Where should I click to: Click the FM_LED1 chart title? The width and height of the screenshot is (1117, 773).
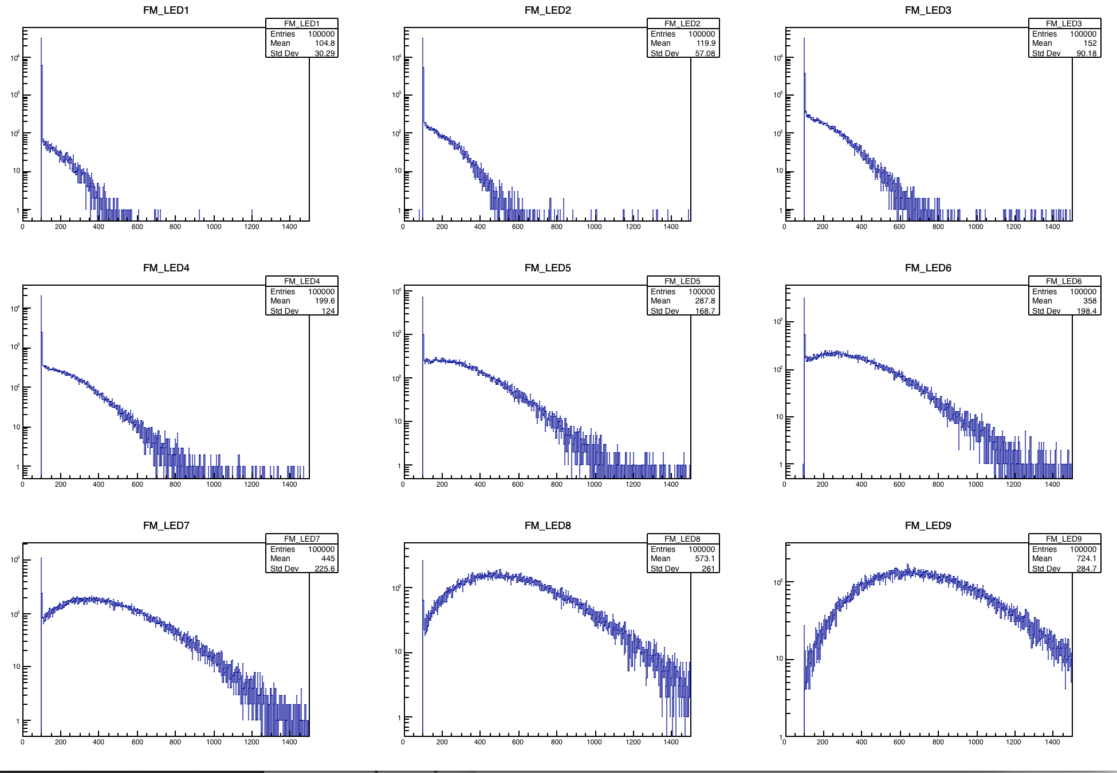[166, 10]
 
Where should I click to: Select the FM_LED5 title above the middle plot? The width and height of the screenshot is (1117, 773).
[548, 268]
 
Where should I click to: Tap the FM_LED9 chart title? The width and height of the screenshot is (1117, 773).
[928, 526]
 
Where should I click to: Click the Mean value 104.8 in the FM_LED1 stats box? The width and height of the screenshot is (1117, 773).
[324, 44]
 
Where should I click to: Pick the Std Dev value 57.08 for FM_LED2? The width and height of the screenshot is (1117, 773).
[705, 53]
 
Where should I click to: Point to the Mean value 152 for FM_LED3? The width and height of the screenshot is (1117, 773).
[1090, 44]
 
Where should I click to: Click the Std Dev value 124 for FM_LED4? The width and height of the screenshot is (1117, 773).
[328, 311]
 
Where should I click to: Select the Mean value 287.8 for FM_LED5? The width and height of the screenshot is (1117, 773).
[705, 301]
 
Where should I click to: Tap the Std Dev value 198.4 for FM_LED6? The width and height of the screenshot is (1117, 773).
[1086, 311]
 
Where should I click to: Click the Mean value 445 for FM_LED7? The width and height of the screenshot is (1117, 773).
[328, 559]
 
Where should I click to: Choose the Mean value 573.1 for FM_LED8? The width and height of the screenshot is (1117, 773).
[705, 559]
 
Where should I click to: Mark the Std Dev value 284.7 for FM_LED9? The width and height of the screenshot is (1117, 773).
[1086, 569]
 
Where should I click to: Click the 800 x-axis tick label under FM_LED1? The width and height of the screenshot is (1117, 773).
[175, 227]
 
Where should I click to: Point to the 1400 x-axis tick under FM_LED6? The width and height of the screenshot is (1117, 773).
[1052, 484]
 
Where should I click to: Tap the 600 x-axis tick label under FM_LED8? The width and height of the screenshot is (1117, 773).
[518, 742]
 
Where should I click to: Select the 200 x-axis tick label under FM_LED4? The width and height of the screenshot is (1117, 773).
[61, 484]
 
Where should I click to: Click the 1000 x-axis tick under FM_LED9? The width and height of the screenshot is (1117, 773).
[976, 742]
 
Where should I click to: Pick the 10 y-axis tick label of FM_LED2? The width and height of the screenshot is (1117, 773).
[398, 171]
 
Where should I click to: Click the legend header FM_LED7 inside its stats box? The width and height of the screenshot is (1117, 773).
[302, 539]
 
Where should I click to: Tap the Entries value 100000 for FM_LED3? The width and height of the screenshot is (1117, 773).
[1083, 34]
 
